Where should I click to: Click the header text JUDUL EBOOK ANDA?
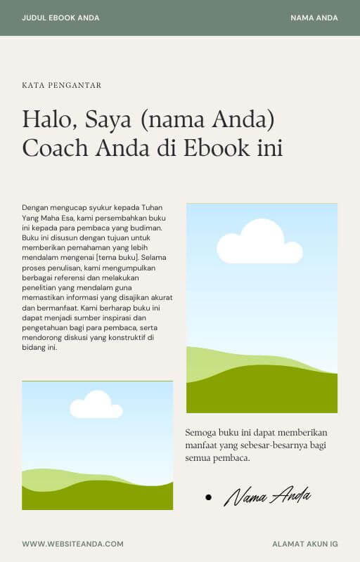[60, 18]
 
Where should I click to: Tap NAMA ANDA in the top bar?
[314, 18]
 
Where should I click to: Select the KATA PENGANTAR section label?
[62, 85]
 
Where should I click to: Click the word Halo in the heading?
[49, 119]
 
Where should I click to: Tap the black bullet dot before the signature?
[208, 497]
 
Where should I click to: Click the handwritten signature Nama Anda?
[267, 496]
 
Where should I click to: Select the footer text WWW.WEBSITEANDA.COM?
[73, 544]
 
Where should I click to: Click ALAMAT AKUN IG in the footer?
[305, 544]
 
